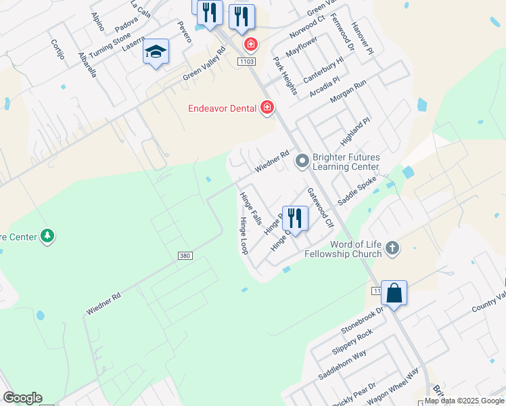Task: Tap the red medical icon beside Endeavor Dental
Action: coord(267,108)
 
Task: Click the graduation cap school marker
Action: coord(156,52)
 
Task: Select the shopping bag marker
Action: coord(394,293)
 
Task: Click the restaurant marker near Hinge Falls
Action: coord(295,217)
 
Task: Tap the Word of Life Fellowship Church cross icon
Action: coord(392,248)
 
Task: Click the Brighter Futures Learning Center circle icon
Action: coord(302,161)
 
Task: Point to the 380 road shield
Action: coord(186,256)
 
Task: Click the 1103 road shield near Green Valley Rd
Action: coord(246,62)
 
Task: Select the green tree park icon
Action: coord(47,236)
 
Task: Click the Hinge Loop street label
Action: coord(244,236)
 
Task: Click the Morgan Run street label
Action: coord(348,91)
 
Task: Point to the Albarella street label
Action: coord(88,64)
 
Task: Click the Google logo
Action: coord(22,398)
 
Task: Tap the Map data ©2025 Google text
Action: coord(465,401)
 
